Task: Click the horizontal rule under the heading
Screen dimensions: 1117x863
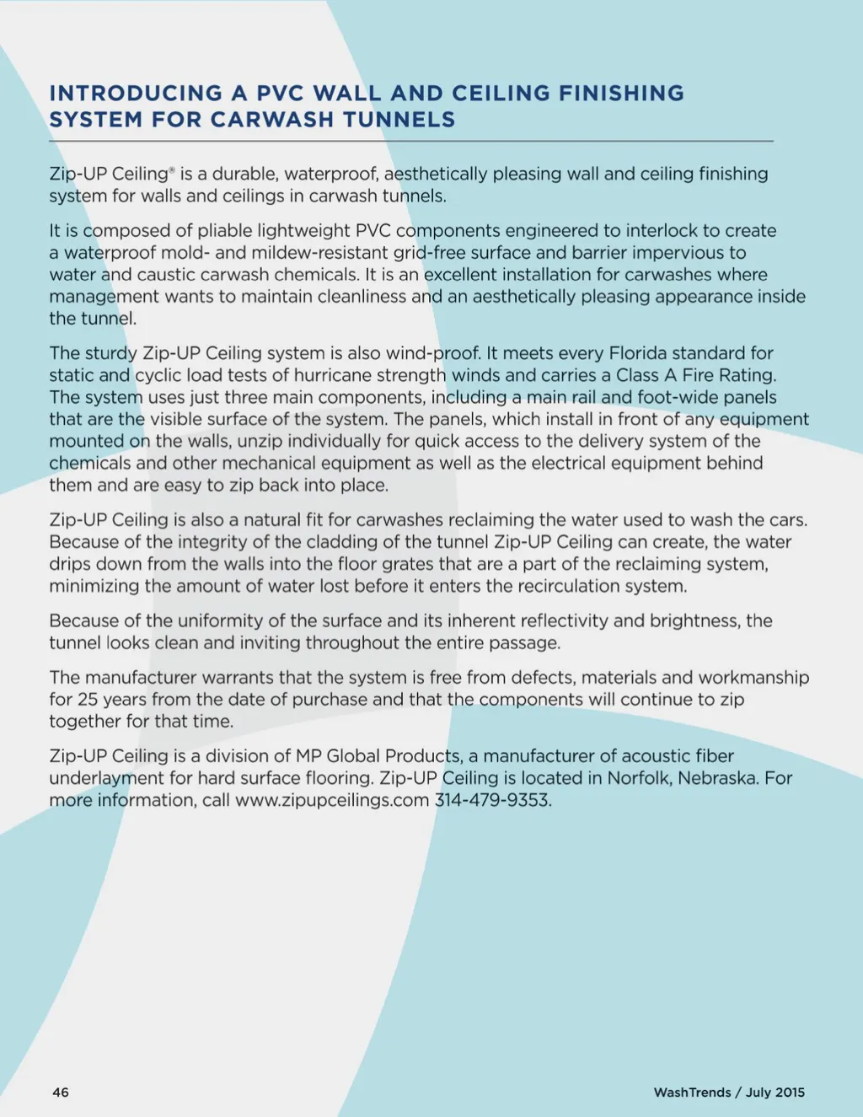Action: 411,141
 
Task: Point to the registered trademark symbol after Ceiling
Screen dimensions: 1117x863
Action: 172,170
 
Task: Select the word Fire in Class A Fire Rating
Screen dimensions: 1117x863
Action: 698,375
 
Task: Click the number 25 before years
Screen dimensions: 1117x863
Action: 88,700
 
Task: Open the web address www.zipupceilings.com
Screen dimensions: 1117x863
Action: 332,800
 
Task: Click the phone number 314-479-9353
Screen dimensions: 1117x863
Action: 492,800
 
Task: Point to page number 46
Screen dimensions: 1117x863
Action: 61,1093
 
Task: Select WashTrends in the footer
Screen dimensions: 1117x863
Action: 692,1093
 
